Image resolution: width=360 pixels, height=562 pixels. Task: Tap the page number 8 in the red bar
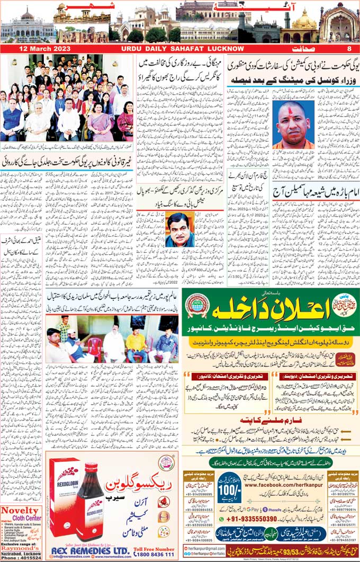point(349,49)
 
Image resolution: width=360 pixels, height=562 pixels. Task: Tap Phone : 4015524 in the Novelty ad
point(20,557)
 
